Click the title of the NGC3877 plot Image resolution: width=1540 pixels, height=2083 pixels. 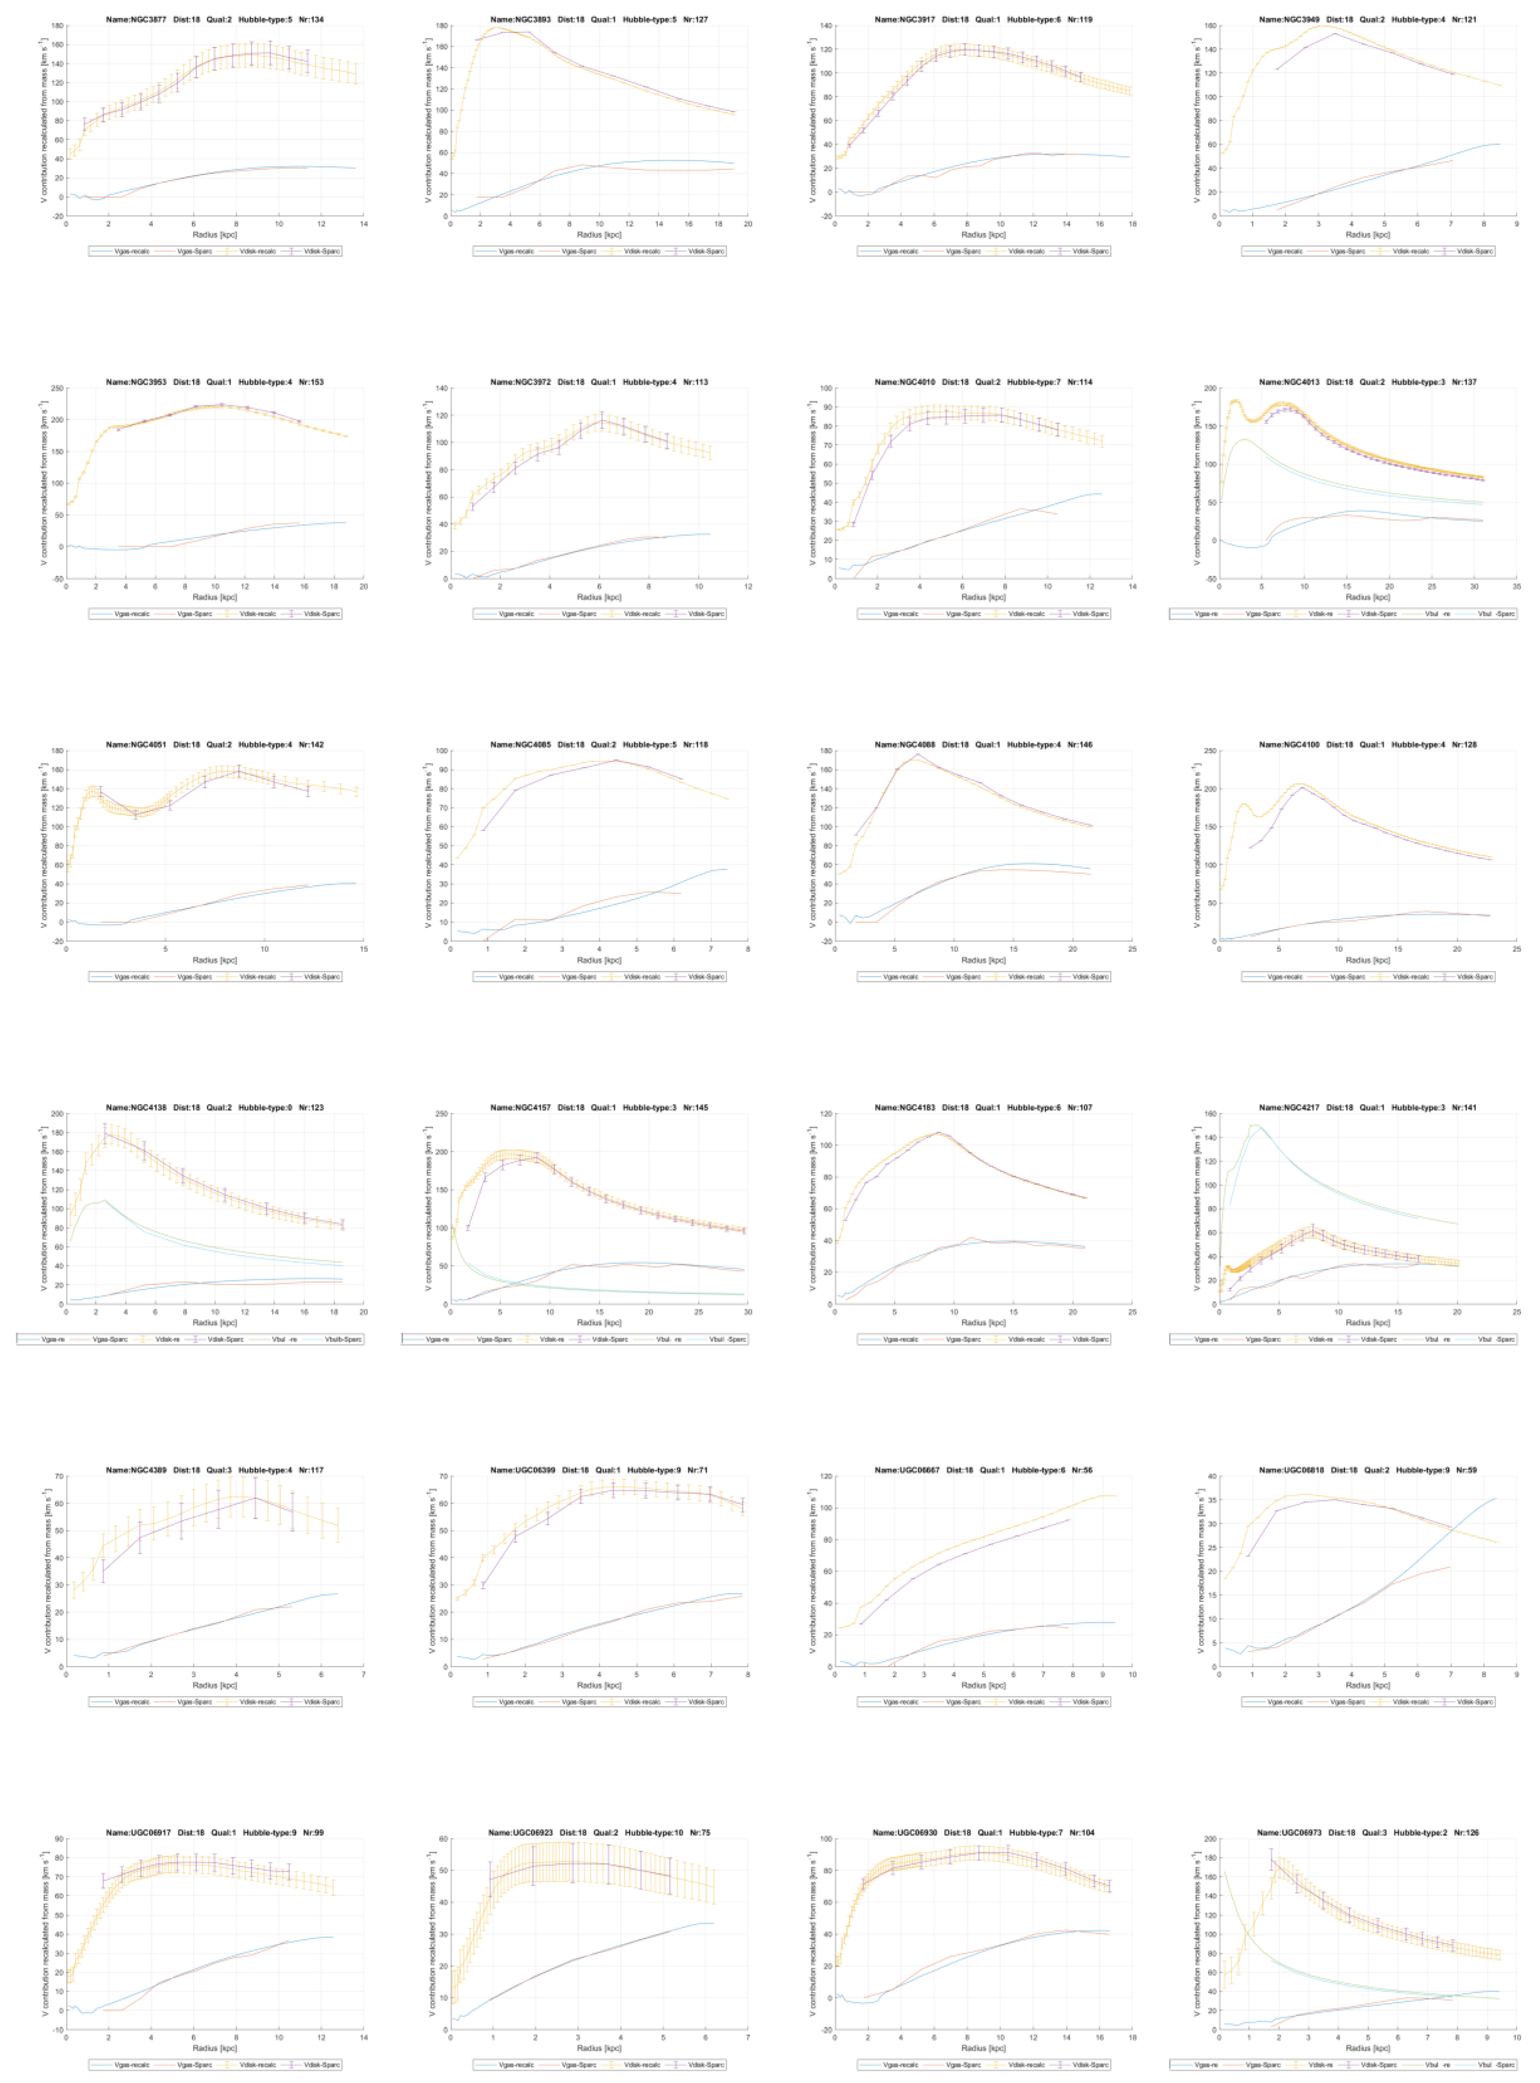214,19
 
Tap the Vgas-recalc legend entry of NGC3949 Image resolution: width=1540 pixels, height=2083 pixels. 1286,251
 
